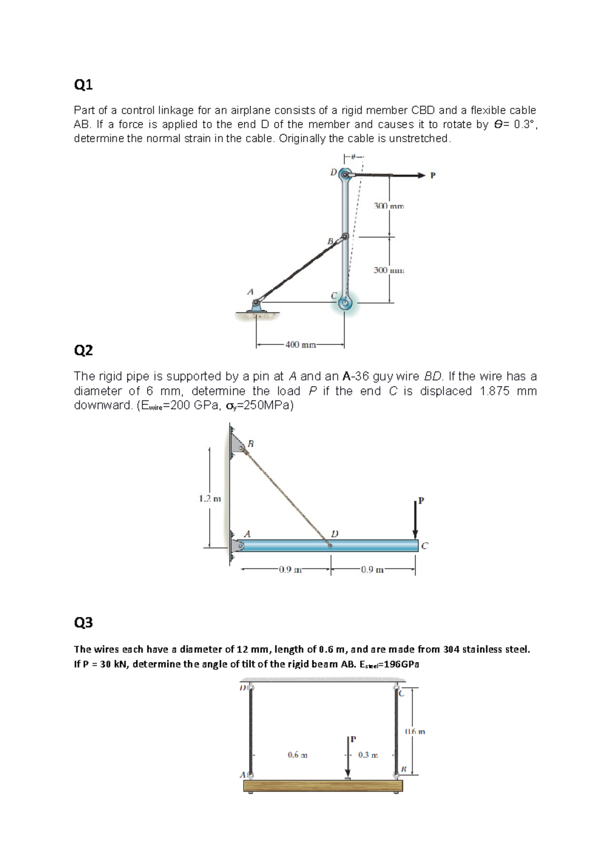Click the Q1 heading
point(84,85)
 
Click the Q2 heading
point(84,350)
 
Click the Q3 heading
point(84,622)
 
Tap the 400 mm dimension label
point(300,345)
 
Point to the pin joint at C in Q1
point(345,303)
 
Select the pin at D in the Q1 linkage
point(345,175)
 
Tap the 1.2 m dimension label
point(210,499)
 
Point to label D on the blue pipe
point(335,533)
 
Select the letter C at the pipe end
point(425,546)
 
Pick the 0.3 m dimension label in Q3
point(368,754)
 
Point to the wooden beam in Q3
point(323,786)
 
